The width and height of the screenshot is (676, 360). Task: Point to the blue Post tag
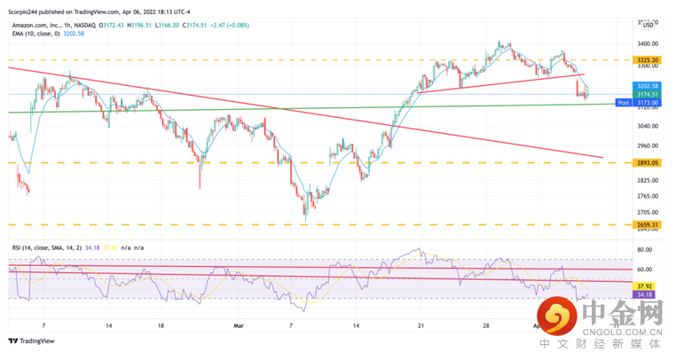(x=623, y=103)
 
